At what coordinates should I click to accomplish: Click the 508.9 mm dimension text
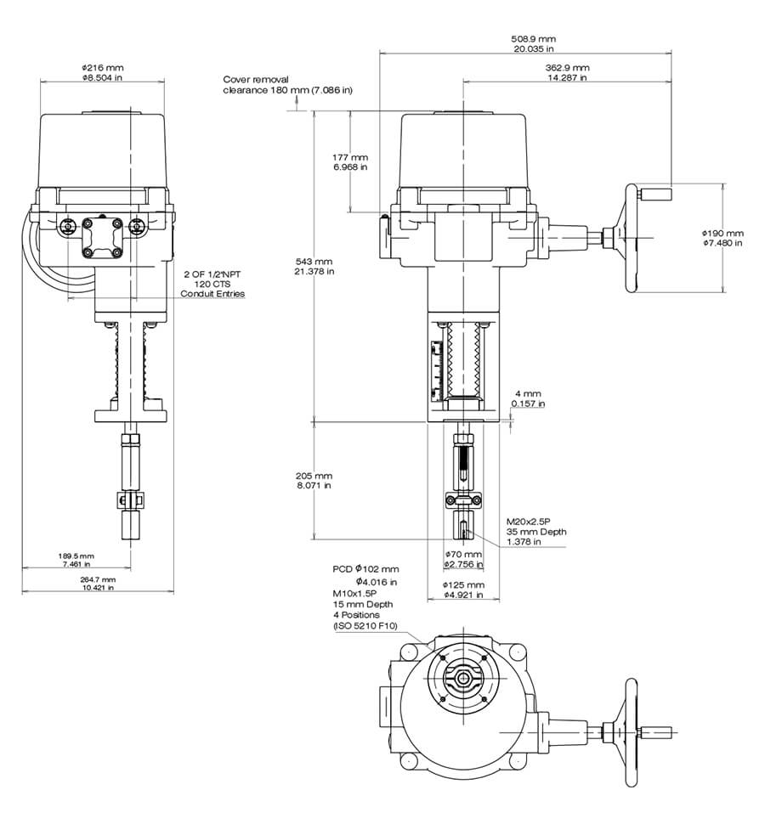tap(533, 38)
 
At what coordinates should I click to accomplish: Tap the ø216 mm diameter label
tap(102, 66)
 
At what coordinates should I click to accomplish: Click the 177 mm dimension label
tap(349, 157)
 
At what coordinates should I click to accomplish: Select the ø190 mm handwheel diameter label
tap(722, 233)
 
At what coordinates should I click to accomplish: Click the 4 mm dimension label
tap(527, 393)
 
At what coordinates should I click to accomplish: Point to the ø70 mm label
tap(463, 554)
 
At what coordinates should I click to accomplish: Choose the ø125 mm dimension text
tap(463, 585)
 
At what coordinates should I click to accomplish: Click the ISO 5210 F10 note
tap(366, 625)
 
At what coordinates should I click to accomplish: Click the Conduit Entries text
tap(212, 294)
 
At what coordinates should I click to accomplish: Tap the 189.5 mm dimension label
tap(76, 556)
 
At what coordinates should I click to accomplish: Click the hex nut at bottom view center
tap(462, 678)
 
